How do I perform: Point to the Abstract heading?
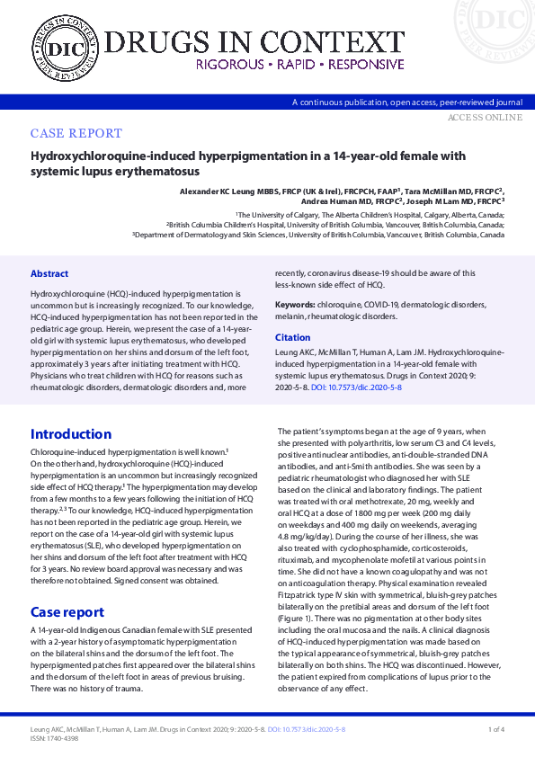49,273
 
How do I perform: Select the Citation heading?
292,338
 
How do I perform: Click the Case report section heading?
67,612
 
